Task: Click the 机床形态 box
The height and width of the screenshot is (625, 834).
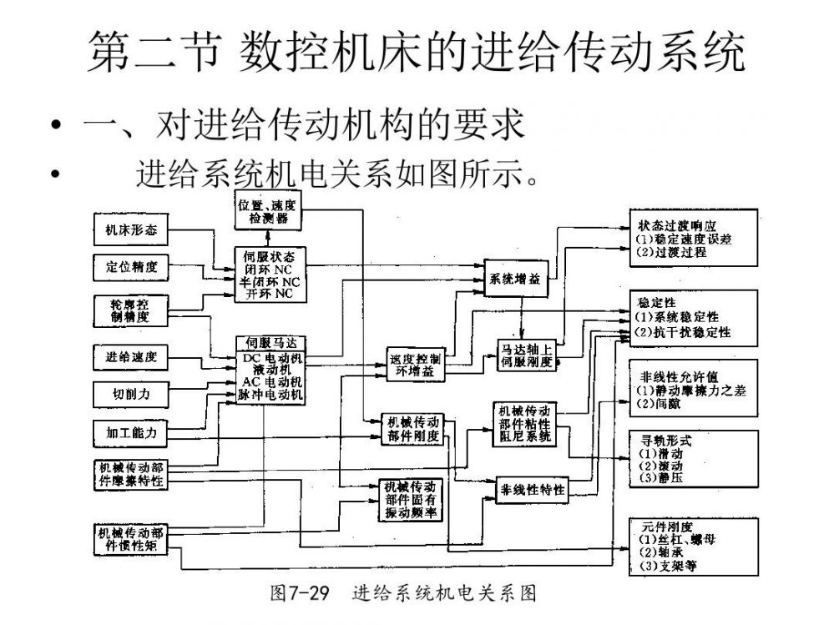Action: pos(130,229)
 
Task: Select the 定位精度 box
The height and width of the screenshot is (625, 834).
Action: pos(130,268)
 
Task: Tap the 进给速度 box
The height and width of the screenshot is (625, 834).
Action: pos(130,358)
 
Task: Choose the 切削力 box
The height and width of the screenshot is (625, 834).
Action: pos(130,394)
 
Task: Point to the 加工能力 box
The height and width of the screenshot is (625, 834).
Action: pos(130,433)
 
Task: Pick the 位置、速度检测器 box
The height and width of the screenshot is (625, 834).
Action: pos(267,212)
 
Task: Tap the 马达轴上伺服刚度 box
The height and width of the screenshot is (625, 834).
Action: pos(525,355)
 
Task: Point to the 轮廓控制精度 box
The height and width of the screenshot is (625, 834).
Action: pos(130,310)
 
